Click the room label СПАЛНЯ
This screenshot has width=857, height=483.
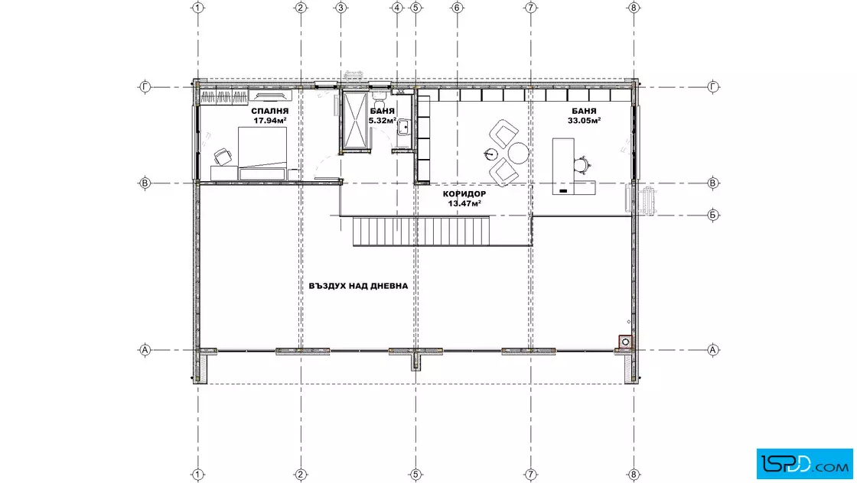(x=270, y=112)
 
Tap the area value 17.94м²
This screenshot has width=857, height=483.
(x=270, y=121)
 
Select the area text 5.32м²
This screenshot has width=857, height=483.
(x=382, y=121)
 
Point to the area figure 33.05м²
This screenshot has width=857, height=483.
(x=585, y=121)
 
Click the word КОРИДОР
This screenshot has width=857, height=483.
(x=464, y=194)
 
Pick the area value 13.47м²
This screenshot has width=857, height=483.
(x=464, y=203)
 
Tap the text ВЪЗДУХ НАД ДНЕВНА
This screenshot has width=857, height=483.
(x=358, y=286)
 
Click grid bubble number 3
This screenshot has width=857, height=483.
(x=341, y=8)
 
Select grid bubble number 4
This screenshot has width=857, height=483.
(x=397, y=8)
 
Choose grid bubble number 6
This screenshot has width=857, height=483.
(x=457, y=8)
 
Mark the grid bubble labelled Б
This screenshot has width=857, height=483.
(x=712, y=215)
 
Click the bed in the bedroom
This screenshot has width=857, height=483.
(x=262, y=154)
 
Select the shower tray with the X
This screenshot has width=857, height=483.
(x=355, y=119)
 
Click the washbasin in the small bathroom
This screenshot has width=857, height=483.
(x=403, y=128)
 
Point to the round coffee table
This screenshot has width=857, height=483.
(x=518, y=152)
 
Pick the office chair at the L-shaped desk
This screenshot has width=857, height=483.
(x=582, y=164)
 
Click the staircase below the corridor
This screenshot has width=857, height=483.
(x=422, y=230)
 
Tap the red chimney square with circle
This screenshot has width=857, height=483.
(x=625, y=342)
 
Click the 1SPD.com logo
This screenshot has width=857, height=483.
(x=804, y=464)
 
